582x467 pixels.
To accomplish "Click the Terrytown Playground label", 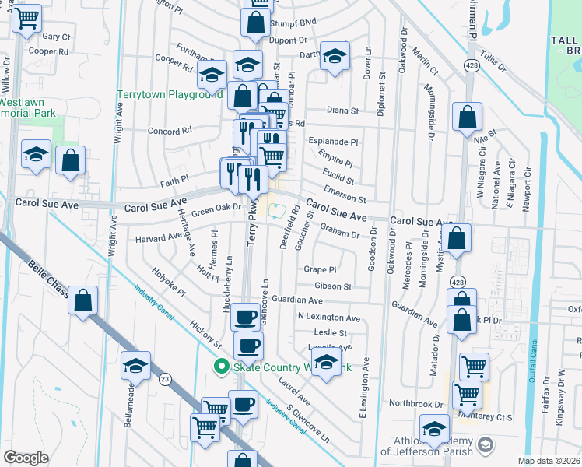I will coord(170,94).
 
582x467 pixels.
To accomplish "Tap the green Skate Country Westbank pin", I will coord(221,366).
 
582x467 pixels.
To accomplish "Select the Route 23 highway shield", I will coord(164,379).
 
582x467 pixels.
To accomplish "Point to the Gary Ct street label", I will coord(56,37).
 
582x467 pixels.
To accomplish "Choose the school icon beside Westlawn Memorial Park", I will coord(36,155).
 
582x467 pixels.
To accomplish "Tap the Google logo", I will coord(26,458).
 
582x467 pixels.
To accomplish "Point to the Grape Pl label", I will coord(319,269).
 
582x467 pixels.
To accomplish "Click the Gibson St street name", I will coord(333,286).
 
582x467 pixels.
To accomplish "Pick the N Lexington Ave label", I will coord(329,318).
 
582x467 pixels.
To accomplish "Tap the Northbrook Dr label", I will coord(415,404).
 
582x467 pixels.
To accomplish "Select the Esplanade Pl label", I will coord(335,142).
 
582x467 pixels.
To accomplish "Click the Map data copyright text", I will coord(549,461).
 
